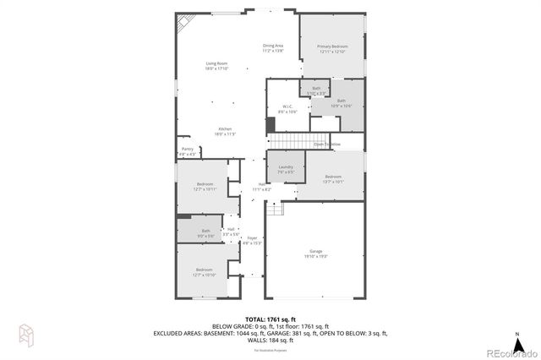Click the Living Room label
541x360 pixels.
pyautogui.click(x=216, y=66)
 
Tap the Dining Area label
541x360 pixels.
pyautogui.click(x=272, y=47)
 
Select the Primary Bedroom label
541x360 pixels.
pyautogui.click(x=332, y=48)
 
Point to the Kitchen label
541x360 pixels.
pyautogui.click(x=224, y=131)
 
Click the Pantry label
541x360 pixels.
pyautogui.click(x=187, y=151)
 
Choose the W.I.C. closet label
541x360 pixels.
pyautogui.click(x=288, y=109)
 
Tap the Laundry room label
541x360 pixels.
pyautogui.click(x=285, y=169)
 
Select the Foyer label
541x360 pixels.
pyautogui.click(x=252, y=240)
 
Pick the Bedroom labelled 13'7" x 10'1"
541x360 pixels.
pyautogui.click(x=332, y=178)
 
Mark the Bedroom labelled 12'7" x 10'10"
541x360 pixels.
pyautogui.click(x=205, y=271)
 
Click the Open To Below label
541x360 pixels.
pyautogui.click(x=327, y=145)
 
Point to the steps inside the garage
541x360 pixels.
pyautogui.click(x=273, y=206)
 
